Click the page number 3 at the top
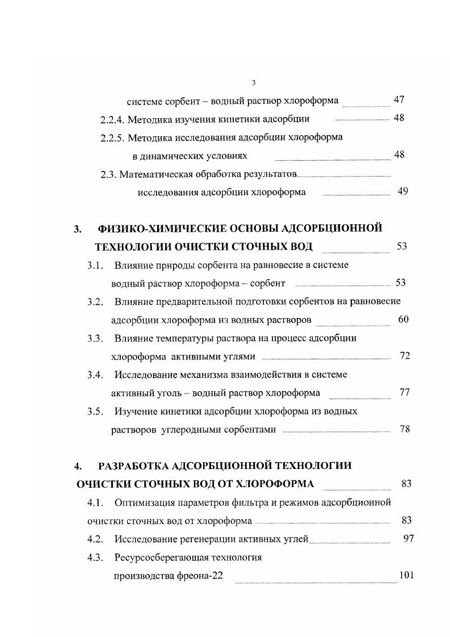(253, 83)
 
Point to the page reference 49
(403, 192)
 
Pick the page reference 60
(403, 320)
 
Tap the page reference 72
(405, 357)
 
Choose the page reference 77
(405, 393)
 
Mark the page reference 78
(405, 429)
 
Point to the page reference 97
(408, 539)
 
